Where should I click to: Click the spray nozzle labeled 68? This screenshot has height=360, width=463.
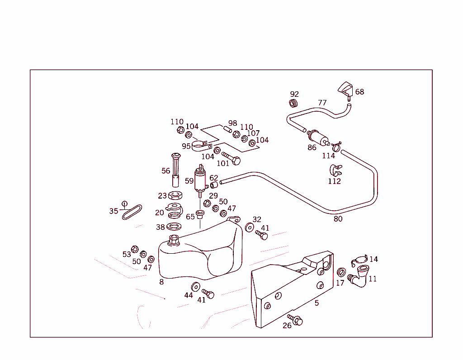click(x=346, y=89)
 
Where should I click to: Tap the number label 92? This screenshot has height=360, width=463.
click(x=294, y=94)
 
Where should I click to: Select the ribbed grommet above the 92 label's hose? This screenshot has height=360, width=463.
click(x=294, y=104)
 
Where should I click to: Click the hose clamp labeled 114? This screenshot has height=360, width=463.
click(x=335, y=147)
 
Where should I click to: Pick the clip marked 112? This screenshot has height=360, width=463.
click(x=335, y=171)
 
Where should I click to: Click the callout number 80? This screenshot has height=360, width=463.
click(x=338, y=219)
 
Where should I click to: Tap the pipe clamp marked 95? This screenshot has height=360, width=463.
click(x=199, y=146)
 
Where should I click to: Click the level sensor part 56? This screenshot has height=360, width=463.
click(x=175, y=170)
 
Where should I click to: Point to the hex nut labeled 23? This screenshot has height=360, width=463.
click(x=175, y=196)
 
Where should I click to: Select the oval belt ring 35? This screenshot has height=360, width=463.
click(x=132, y=212)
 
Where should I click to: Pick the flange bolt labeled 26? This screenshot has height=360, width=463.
click(x=296, y=320)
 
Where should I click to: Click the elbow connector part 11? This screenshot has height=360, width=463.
click(x=360, y=276)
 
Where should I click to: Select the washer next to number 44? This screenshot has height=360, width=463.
click(x=196, y=286)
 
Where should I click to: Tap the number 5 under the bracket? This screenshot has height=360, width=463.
click(x=317, y=303)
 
